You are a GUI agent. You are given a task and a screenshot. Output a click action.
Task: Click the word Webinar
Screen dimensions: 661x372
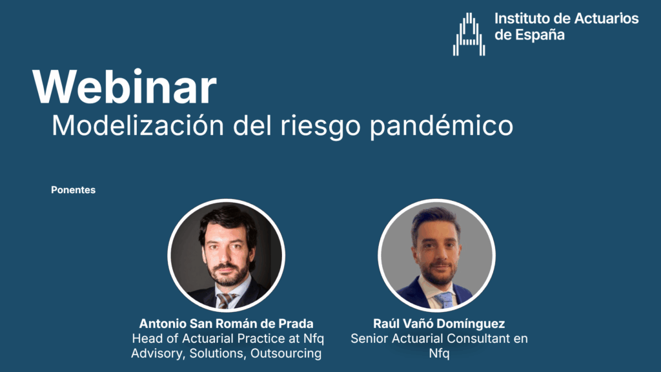point(125,87)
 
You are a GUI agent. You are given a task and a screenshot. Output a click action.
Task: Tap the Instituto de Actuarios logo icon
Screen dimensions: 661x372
point(469,34)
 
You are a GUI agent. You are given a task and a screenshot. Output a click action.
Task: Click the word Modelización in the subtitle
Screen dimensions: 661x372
point(138,125)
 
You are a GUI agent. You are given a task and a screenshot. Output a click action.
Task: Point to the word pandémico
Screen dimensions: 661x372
point(442,126)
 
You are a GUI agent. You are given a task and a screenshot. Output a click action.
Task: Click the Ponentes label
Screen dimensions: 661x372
point(74,190)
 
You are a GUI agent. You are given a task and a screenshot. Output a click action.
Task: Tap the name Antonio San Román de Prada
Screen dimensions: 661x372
point(227,324)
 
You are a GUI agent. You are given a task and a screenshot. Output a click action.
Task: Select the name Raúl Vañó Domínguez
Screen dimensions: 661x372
point(439,324)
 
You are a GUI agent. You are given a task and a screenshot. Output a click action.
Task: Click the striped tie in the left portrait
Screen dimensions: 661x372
point(225,300)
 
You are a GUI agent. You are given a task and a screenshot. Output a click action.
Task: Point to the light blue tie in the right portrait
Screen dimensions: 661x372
point(444,300)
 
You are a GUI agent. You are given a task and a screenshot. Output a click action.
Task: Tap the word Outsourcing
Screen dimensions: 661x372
point(286,353)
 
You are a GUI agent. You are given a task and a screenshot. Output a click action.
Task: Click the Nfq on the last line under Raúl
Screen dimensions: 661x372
point(439,353)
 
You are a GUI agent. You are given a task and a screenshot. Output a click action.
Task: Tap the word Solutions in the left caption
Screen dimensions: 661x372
point(217,353)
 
